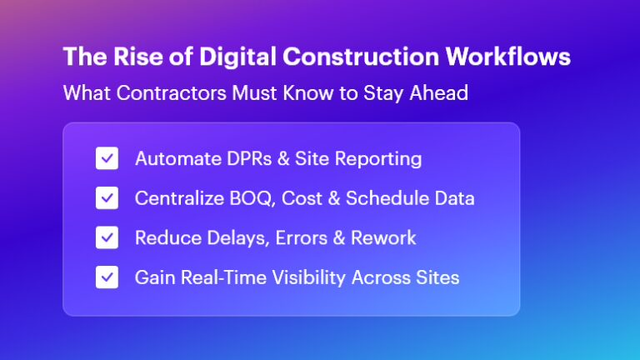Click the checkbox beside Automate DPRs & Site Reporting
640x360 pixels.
pyautogui.click(x=107, y=158)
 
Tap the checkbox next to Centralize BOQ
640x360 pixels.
pyautogui.click(x=107, y=198)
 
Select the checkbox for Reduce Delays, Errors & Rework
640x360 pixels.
pyautogui.click(x=107, y=237)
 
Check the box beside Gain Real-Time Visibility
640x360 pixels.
pyautogui.click(x=107, y=277)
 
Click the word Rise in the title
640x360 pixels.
pyautogui.click(x=125, y=57)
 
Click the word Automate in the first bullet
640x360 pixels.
pyautogui.click(x=172, y=158)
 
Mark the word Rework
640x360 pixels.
pyautogui.click(x=384, y=237)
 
